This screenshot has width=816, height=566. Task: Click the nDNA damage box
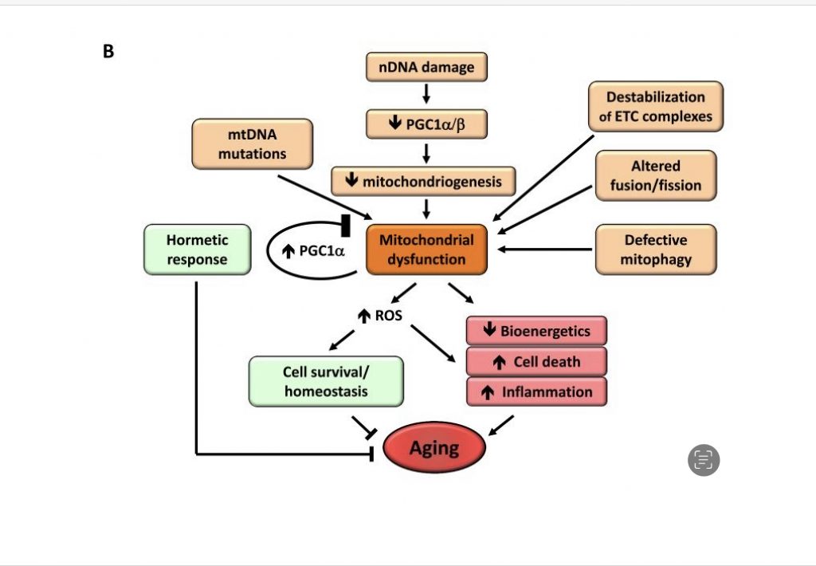coord(426,67)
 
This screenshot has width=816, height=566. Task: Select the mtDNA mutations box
coord(252,144)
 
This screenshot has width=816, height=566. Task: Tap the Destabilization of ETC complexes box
coord(655,107)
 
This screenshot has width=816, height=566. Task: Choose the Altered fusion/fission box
coord(655,175)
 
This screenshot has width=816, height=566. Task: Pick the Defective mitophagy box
coord(655,250)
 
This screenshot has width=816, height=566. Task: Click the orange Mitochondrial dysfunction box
coord(426,250)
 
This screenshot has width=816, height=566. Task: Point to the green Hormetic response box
coord(197,250)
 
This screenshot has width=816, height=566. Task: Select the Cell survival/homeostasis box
coord(325,382)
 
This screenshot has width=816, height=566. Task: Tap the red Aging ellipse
coord(434,449)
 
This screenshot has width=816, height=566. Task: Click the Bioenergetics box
coord(535,330)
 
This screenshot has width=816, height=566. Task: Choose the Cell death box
coord(535,361)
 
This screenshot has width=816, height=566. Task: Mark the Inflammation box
coord(535,391)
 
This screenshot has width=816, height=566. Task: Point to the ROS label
coord(382,315)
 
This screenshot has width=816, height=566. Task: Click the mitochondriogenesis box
coord(423,181)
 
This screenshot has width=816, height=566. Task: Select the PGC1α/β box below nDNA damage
coord(426,124)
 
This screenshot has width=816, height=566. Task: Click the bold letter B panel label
coord(108,52)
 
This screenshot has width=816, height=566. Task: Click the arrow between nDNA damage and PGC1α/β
coord(426,95)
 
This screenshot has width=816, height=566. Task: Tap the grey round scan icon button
coord(704,460)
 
